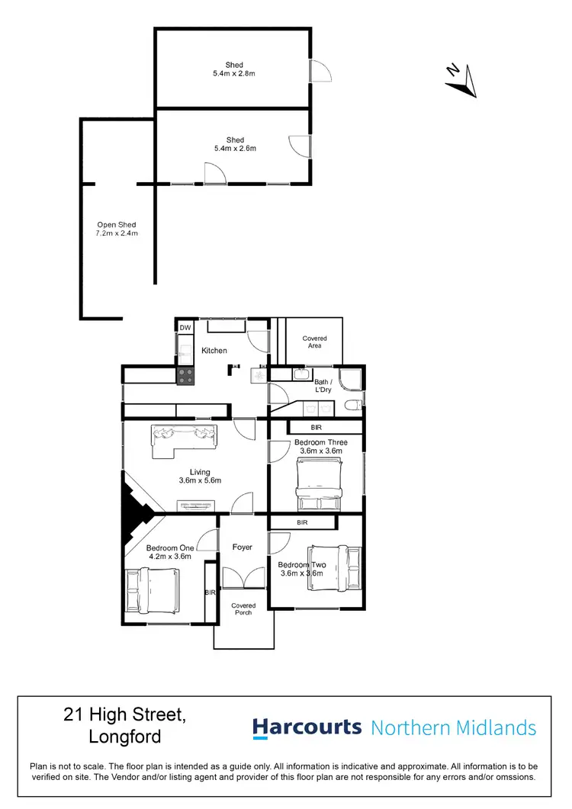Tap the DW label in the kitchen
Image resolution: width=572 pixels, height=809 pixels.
pos(185,328)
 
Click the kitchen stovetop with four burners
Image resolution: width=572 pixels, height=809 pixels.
pos(185,376)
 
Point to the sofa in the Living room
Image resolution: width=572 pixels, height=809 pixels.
pos(184,438)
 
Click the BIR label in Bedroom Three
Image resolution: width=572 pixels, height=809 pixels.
pos(317,428)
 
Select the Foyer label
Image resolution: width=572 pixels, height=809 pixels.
pos(243,547)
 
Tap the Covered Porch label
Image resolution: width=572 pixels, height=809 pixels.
pos(243,608)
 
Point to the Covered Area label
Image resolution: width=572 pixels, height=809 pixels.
pos(314,342)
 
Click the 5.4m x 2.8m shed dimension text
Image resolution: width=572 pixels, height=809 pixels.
pos(235,73)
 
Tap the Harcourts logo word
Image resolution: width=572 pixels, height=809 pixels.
pos(307,727)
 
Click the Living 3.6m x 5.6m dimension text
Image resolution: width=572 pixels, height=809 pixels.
pos(200,481)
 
